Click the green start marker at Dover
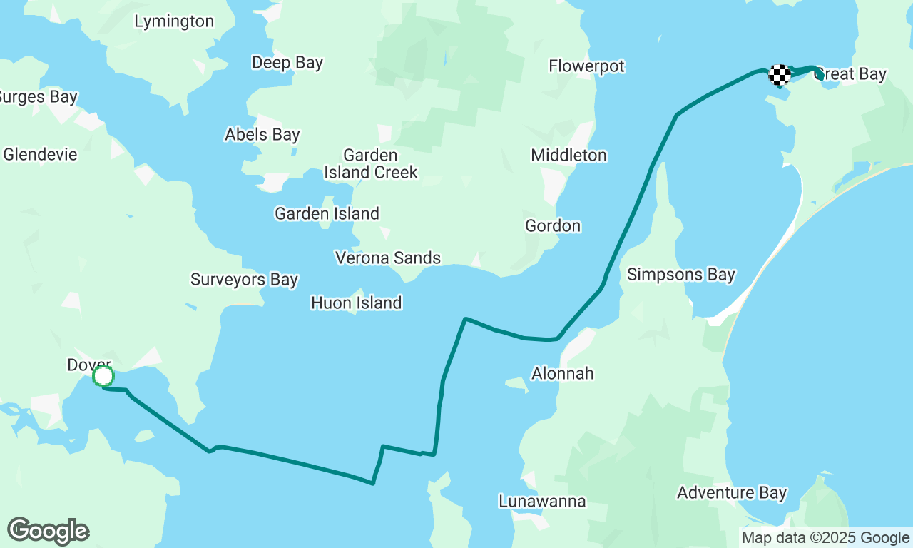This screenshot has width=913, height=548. tap(103, 376)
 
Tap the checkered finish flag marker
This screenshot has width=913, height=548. tap(780, 74)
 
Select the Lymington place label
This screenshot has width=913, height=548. tap(174, 21)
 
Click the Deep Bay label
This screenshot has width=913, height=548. tap(287, 63)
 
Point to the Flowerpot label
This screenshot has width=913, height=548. tap(586, 66)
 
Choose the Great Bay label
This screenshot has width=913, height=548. tap(851, 74)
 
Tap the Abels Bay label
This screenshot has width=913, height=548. tap(262, 134)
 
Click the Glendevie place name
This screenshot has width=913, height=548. tap(40, 154)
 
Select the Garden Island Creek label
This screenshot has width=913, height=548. tap(370, 163)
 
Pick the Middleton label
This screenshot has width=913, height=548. tap(568, 155)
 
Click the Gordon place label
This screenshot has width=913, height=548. tap(553, 226)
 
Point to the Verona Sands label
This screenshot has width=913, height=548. tap(388, 258)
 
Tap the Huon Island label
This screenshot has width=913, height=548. tap(357, 303)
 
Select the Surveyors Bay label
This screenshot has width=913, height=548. tap(244, 279)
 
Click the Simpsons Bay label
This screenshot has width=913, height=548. tap(680, 275)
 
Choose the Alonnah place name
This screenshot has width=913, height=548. tap(562, 373)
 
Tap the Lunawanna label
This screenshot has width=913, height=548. tap(542, 501)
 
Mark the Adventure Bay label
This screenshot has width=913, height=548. tap(732, 492)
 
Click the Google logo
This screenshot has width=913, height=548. tap(49, 532)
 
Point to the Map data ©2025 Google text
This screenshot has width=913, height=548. tap(825, 538)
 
